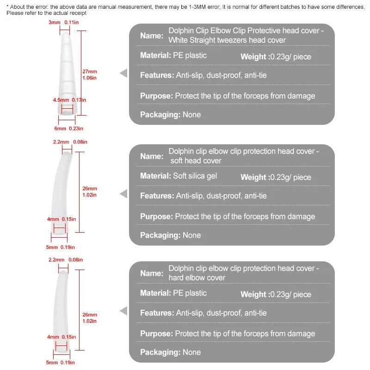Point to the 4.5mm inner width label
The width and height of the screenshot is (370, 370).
pyautogui.click(x=60, y=99)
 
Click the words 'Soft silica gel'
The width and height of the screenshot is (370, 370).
pyautogui.click(x=195, y=176)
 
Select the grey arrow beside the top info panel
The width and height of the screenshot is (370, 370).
pyautogui.click(x=123, y=73)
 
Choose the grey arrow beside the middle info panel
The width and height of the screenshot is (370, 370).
pyautogui.click(x=123, y=194)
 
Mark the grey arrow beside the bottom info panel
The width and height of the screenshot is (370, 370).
pyautogui.click(x=123, y=311)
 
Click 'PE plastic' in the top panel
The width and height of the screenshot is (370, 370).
pyautogui.click(x=190, y=55)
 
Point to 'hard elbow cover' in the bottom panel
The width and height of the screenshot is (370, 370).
pyautogui.click(x=197, y=277)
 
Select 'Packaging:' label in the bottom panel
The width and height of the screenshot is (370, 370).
pyautogui.click(x=160, y=352)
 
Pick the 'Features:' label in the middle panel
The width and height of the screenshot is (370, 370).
pyautogui.click(x=157, y=196)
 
